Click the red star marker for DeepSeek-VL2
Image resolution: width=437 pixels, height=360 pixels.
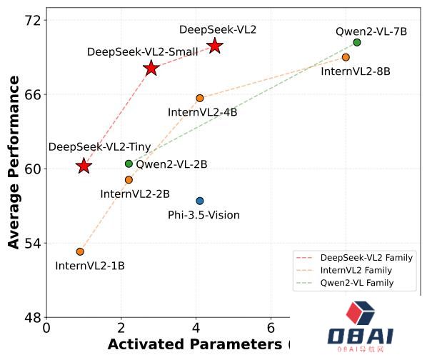click(215, 46)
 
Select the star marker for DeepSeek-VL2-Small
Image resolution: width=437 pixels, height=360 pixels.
click(151, 68)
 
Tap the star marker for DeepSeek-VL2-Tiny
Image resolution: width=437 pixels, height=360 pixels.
click(84, 166)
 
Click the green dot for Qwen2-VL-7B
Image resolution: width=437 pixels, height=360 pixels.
click(357, 42)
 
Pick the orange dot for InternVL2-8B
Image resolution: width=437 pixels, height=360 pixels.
click(346, 57)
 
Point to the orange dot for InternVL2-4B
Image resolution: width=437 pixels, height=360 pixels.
click(200, 98)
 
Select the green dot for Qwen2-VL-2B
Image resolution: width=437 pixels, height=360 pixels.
click(129, 164)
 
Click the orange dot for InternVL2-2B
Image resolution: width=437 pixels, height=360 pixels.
click(129, 180)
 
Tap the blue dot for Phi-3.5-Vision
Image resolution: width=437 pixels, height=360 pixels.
click(200, 201)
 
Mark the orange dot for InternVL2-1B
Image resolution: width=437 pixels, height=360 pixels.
click(80, 251)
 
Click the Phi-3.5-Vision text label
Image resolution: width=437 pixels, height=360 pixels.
click(204, 215)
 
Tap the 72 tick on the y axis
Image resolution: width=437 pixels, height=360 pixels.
click(32, 20)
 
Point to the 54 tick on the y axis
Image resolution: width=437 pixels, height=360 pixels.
click(32, 243)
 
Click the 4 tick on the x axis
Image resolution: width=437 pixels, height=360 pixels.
click(196, 329)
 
